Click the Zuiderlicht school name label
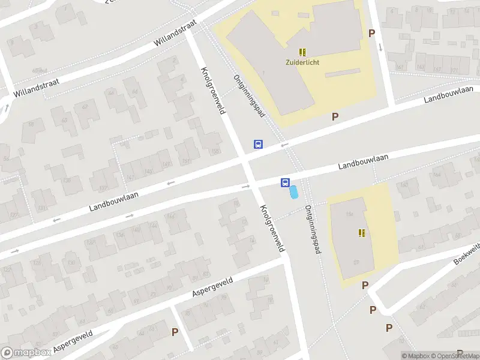click(303, 62)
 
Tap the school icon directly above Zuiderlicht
click(303, 52)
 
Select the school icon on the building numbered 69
click(362, 233)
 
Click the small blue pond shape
click(294, 193)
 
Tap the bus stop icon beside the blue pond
click(284, 183)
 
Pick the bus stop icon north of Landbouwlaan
click(258, 144)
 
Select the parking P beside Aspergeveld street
click(175, 331)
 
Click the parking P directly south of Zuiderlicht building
click(335, 117)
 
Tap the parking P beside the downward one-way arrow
click(371, 34)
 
